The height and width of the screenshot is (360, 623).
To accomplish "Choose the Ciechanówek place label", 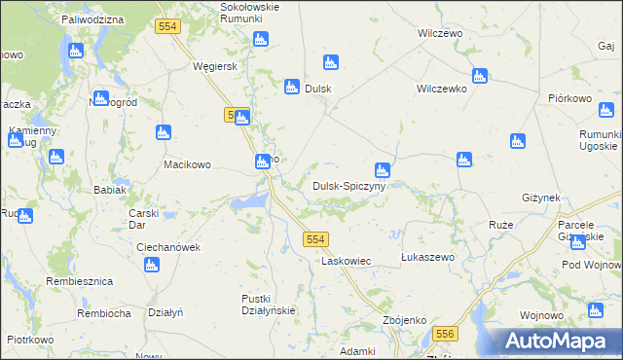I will [167, 247].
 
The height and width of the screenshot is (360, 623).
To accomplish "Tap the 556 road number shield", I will [446, 334].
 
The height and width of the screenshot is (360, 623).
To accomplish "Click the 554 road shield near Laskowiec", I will [314, 238].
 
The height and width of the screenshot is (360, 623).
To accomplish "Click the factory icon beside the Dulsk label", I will [291, 88].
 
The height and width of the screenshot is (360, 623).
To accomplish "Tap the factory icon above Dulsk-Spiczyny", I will [383, 170].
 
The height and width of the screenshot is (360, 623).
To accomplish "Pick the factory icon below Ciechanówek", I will [151, 265].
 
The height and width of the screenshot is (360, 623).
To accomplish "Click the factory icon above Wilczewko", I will [479, 76].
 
